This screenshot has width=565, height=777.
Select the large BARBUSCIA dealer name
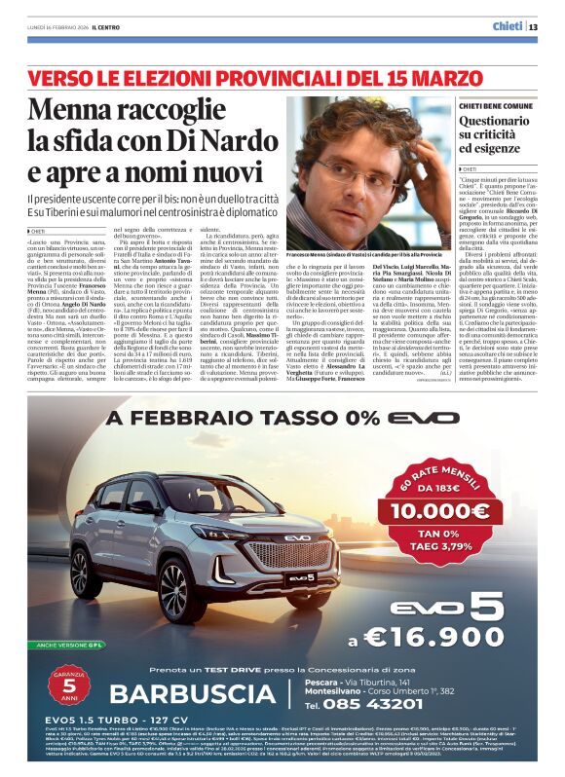[x=194, y=694]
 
